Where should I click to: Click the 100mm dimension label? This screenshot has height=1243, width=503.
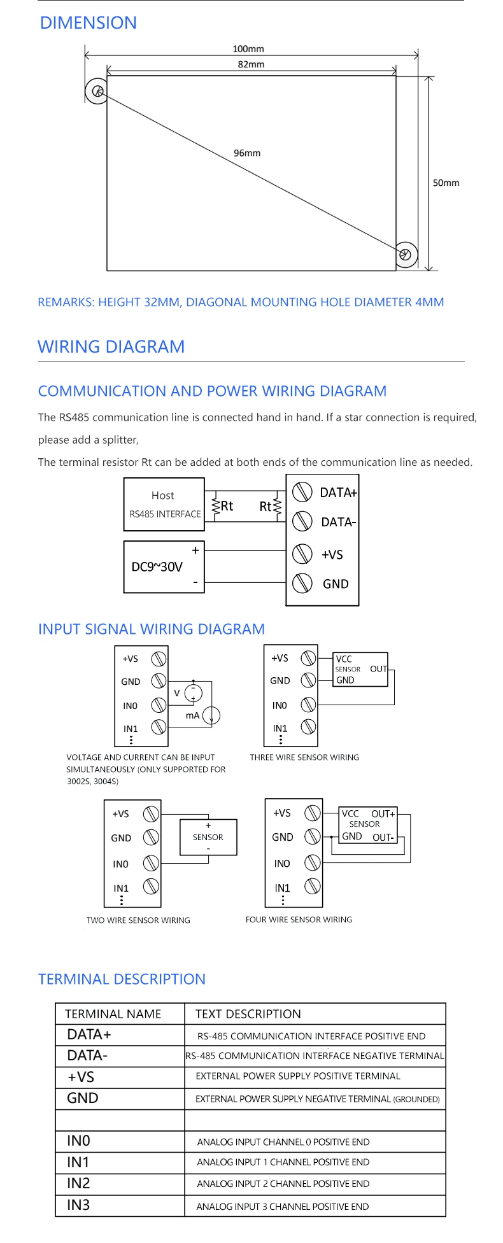click(x=248, y=49)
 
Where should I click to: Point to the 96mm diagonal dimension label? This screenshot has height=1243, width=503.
click(x=247, y=153)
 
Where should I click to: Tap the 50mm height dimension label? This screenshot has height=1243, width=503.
click(x=446, y=183)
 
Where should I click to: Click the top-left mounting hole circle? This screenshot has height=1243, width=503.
click(x=97, y=91)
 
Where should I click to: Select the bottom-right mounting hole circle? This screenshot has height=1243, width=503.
click(x=406, y=255)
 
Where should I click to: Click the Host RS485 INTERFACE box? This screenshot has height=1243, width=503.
click(x=164, y=504)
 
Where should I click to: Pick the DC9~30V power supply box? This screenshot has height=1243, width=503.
click(x=164, y=566)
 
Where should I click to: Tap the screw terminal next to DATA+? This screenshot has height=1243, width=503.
click(x=302, y=492)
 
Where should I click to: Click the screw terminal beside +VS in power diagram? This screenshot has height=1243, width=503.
click(x=302, y=554)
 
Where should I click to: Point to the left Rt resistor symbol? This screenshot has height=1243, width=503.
click(x=215, y=507)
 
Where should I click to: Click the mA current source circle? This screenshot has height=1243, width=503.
click(x=211, y=715)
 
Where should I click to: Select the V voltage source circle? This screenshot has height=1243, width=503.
click(x=193, y=693)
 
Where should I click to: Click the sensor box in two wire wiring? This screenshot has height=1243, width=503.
click(x=208, y=837)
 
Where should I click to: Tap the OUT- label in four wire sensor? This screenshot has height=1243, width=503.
click(x=383, y=838)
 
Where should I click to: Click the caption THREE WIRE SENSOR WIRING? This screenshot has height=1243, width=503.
click(x=304, y=757)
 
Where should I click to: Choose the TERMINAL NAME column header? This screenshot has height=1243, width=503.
click(x=113, y=1014)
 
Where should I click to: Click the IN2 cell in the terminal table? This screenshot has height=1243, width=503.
click(x=78, y=1183)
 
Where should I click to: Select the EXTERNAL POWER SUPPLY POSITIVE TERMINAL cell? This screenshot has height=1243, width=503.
click(x=298, y=1076)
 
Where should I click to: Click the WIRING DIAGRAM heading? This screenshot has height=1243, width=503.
click(x=111, y=347)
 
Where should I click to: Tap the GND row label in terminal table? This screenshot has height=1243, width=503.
click(x=83, y=1098)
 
